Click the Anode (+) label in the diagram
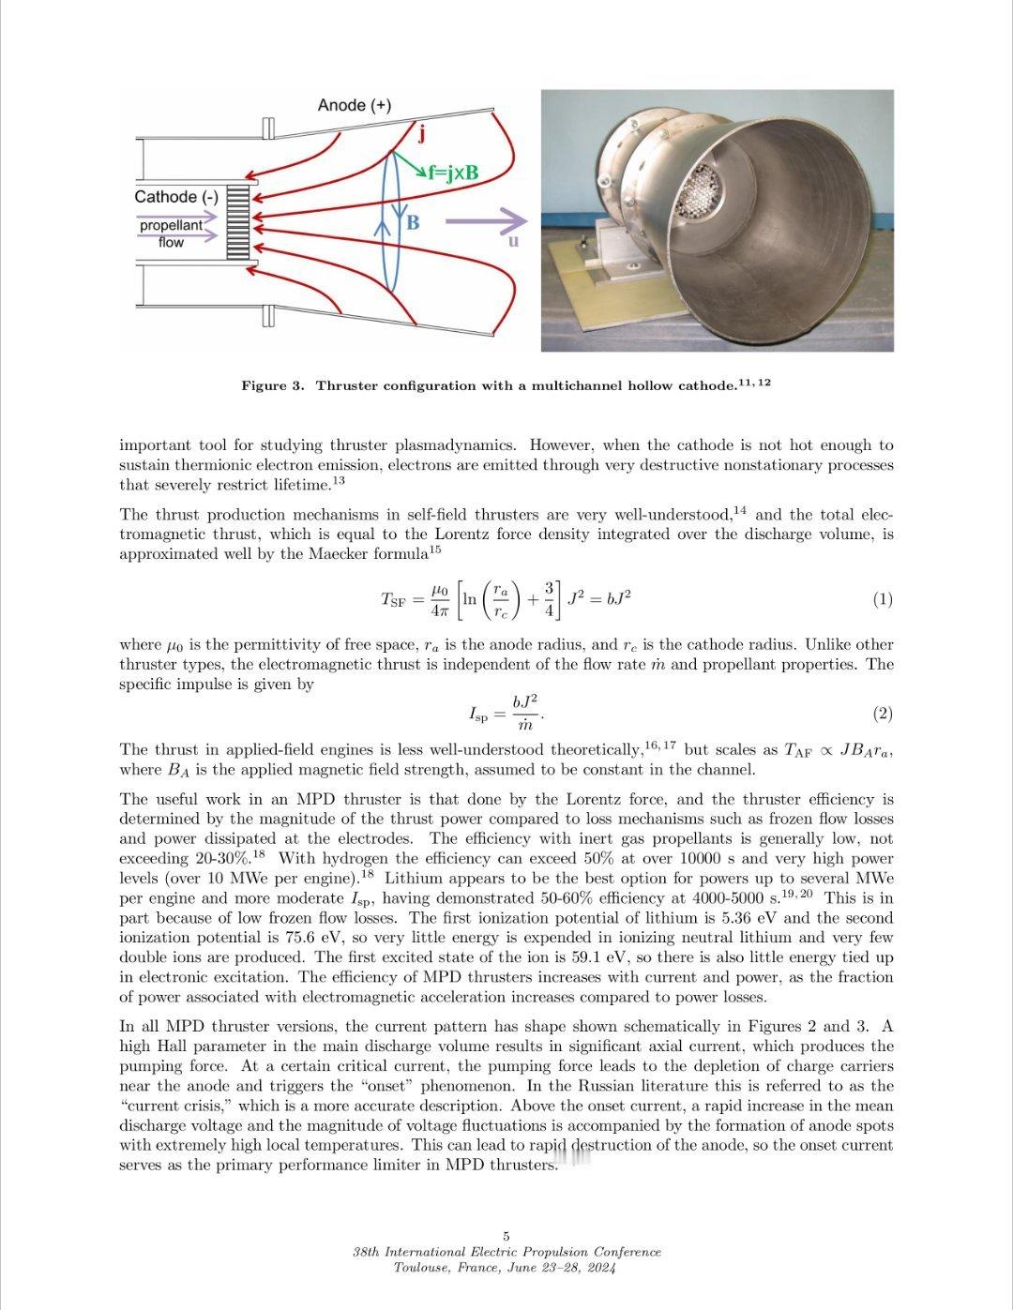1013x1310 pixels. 354,105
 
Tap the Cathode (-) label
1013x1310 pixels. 175,197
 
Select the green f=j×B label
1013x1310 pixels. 452,173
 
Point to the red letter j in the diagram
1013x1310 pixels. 421,134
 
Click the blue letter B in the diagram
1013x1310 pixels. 413,223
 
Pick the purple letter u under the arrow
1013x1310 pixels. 513,241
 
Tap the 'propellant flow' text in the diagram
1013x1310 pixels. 171,233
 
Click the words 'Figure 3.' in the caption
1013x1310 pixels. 272,386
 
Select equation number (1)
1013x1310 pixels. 882,599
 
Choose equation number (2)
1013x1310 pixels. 882,714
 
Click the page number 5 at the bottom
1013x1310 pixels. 506,1236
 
